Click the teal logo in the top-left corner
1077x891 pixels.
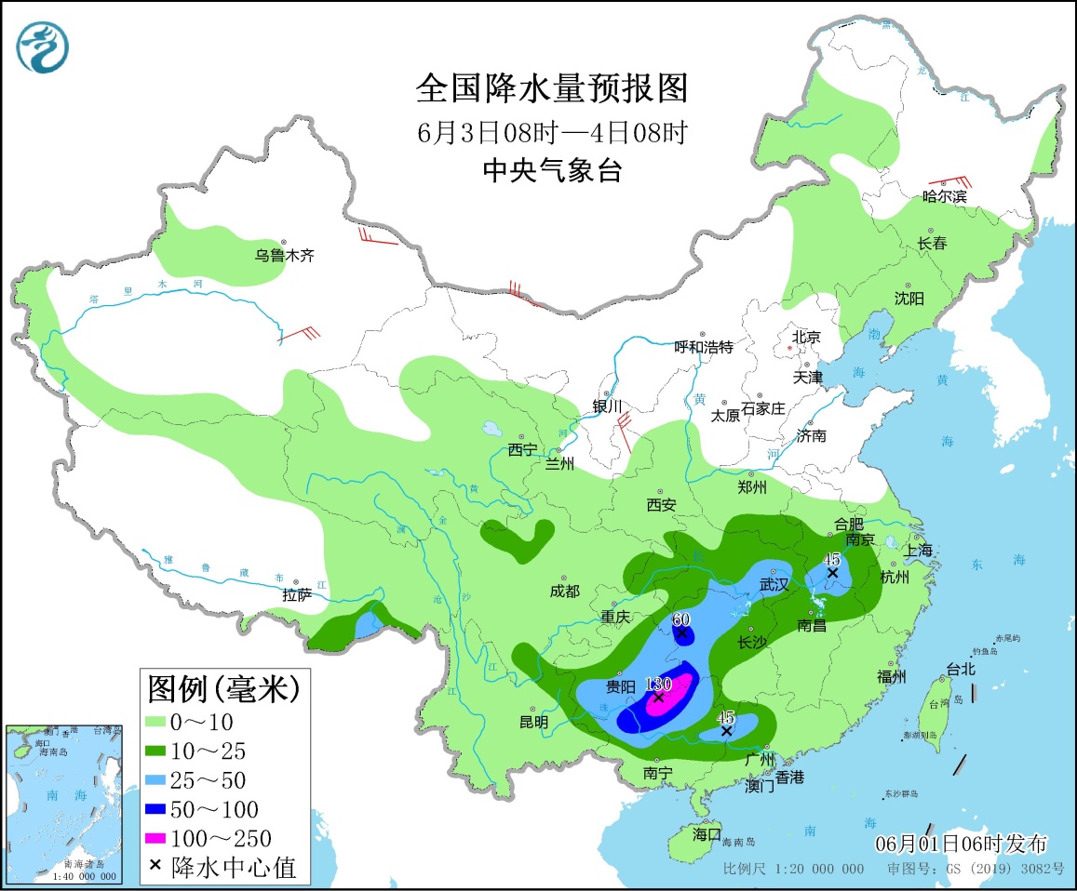coord(41,47)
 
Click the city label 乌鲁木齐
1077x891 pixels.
coord(286,255)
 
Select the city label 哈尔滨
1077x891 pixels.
coord(944,196)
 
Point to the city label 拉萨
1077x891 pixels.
coord(297,595)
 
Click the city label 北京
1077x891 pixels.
coord(806,337)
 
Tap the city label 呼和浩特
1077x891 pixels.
coord(704,347)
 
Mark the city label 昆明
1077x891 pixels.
coord(534,721)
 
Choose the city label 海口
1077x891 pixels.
coord(707,834)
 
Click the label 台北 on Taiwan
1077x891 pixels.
coord(960,668)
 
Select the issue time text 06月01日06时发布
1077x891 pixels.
coord(961,844)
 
